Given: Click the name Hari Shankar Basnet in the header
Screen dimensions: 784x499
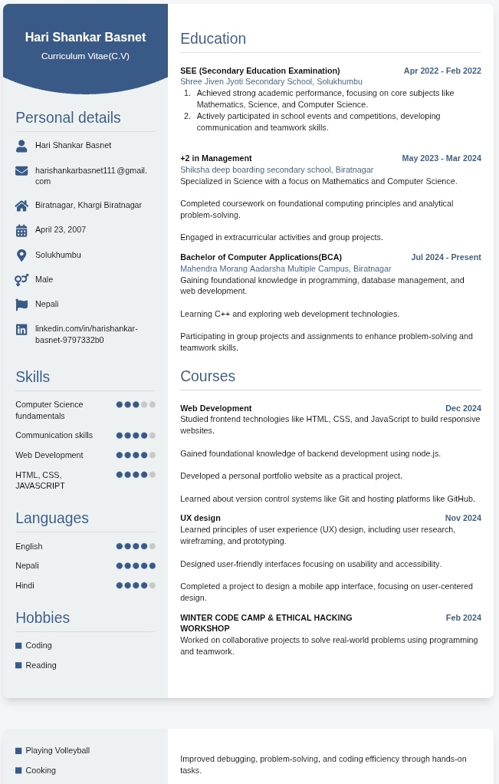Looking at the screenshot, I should [85, 37].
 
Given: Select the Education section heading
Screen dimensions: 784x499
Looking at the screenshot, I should [213, 39].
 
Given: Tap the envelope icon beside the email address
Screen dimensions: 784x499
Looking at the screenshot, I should [21, 171].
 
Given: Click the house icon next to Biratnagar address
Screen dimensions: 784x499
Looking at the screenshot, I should [21, 206].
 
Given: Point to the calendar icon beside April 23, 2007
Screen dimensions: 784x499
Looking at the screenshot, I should [21, 230].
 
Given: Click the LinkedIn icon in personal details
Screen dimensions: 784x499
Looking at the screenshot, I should [21, 329].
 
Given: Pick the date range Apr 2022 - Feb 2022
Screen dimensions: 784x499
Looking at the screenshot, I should [442, 71].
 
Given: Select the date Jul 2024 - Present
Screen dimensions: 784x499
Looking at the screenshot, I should [445, 257].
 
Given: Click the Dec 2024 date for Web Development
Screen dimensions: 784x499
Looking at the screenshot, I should [463, 408].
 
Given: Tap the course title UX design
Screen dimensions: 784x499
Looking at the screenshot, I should [200, 518].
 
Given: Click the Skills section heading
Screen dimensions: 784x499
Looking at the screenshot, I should [32, 377].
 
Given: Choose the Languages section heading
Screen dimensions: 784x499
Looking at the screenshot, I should [52, 518].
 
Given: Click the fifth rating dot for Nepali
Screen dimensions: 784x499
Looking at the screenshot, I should [153, 566].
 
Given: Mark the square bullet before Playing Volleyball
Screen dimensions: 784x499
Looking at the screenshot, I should [18, 751].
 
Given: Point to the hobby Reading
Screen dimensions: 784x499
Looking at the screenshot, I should [41, 665].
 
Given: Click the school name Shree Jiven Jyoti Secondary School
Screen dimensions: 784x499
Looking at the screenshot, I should [271, 81].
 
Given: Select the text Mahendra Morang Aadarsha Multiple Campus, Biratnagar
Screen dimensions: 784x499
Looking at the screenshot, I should [285, 268].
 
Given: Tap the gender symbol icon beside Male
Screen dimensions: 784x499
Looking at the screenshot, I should [21, 280].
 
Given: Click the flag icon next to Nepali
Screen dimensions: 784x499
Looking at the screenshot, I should [21, 305].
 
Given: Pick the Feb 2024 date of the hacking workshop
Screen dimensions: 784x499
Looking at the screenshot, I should [463, 618].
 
